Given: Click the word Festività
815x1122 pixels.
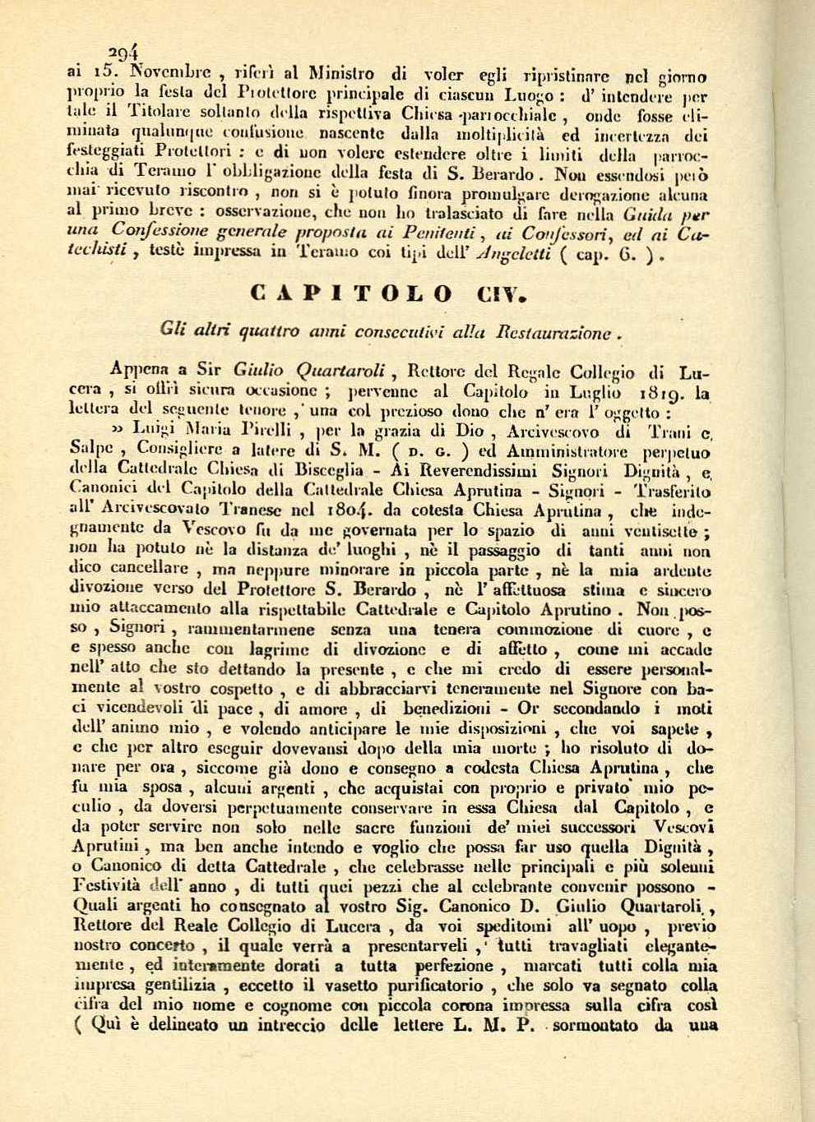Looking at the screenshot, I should pos(107,888).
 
